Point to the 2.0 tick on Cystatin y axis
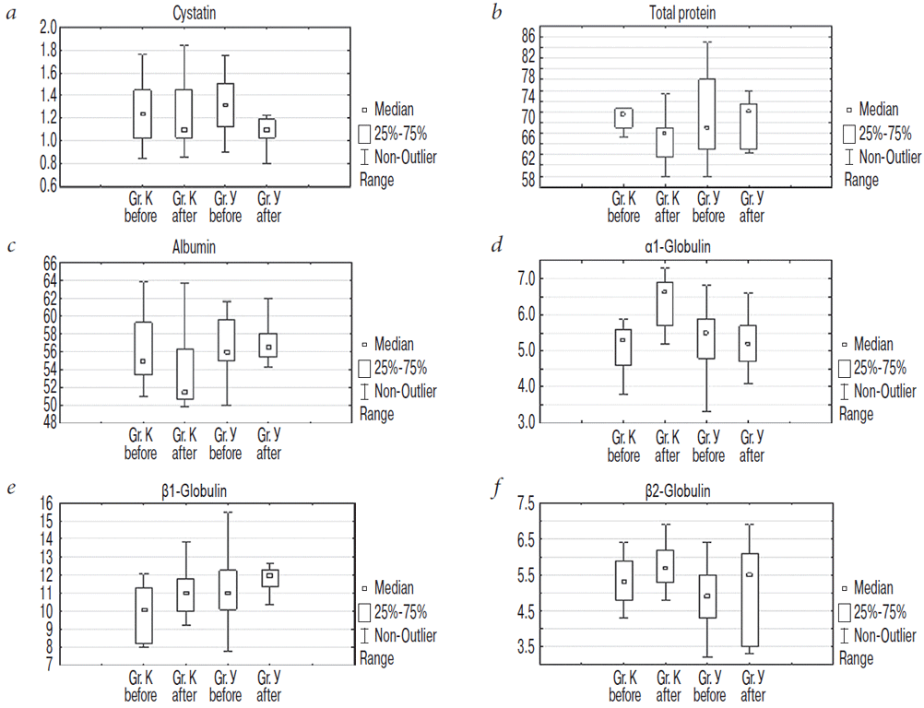(49, 27)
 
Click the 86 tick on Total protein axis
(528, 37)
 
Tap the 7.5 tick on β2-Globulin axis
(527, 503)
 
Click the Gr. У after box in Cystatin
(267, 127)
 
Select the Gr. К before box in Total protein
(624, 117)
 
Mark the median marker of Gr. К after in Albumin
(185, 392)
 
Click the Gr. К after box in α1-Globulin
(665, 303)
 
